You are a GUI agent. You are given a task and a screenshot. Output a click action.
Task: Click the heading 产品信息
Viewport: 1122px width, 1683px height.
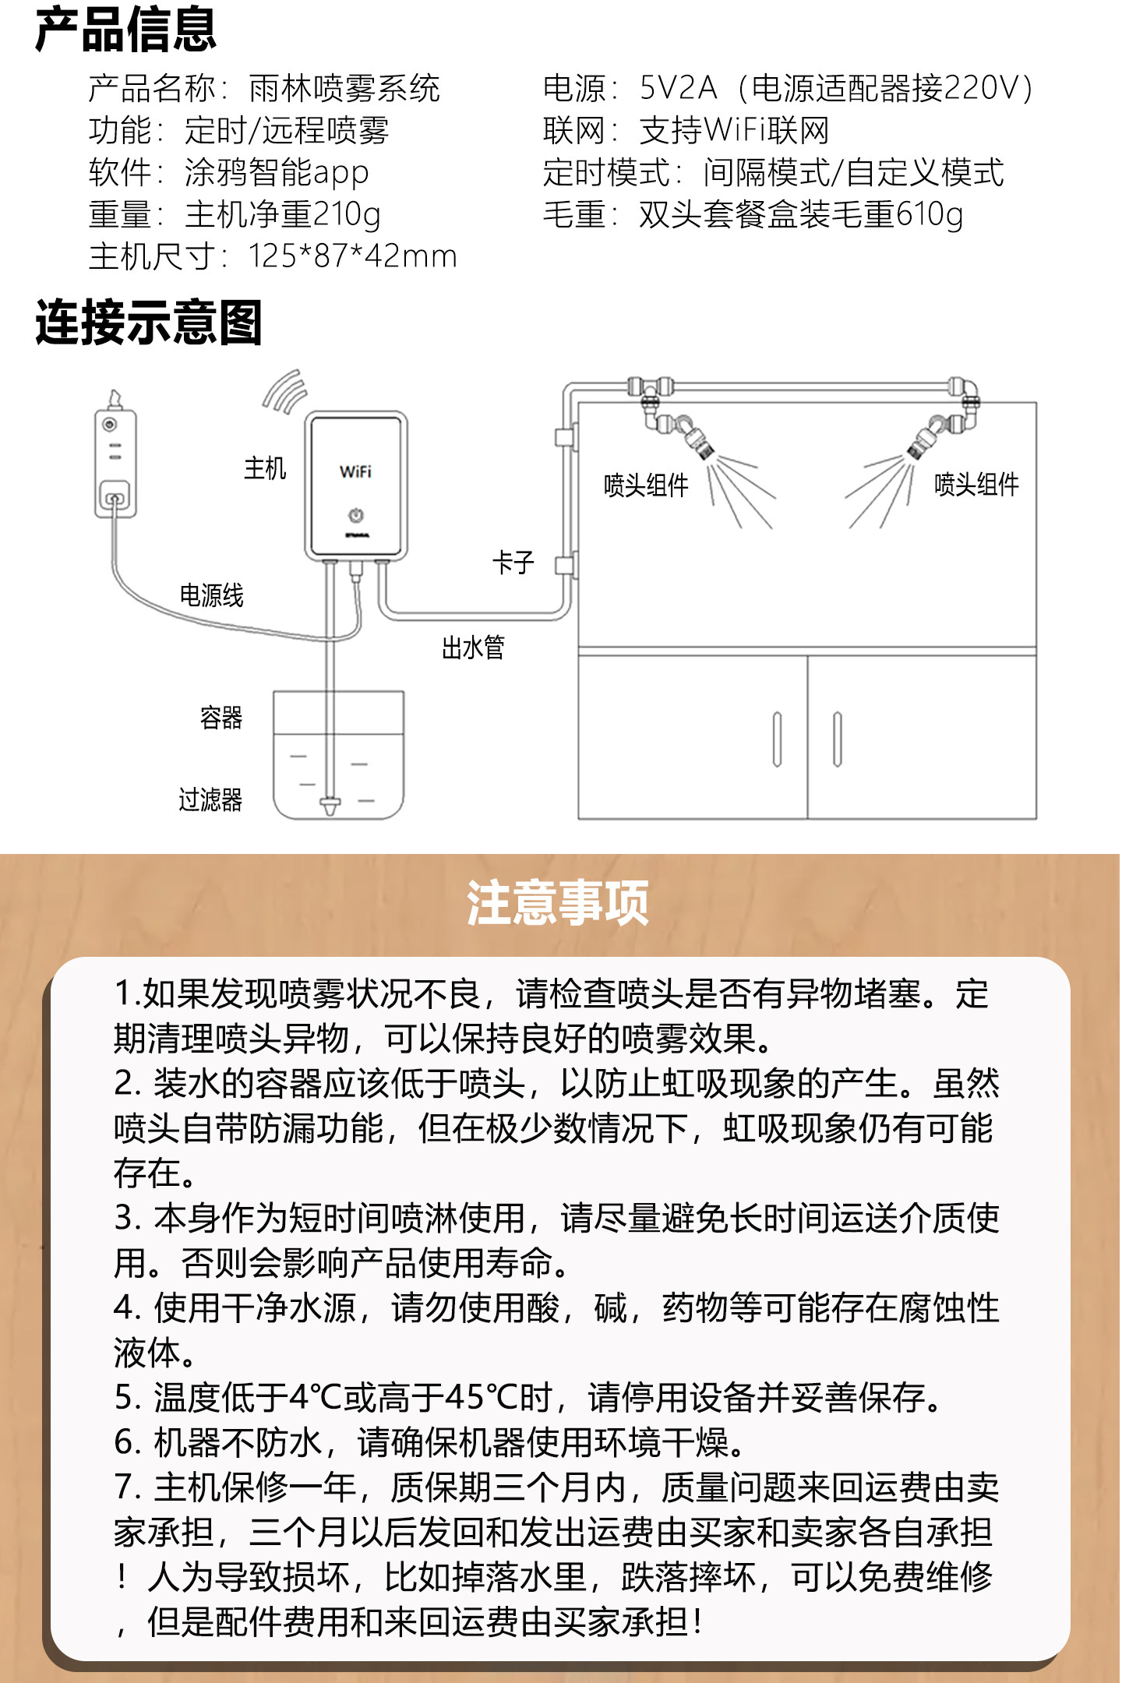point(125,30)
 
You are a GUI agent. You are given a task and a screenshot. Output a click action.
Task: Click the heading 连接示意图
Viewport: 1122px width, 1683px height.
point(148,323)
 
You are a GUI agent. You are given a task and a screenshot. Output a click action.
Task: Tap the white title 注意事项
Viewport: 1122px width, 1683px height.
point(558,904)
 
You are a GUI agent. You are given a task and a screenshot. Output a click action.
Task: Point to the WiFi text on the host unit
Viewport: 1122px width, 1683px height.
point(355,471)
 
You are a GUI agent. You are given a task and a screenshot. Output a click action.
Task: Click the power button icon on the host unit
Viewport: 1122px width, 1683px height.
point(356,515)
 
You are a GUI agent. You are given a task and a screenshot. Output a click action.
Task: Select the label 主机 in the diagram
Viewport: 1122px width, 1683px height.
point(265,469)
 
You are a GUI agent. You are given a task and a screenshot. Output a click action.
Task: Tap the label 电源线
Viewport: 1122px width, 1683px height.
point(211,596)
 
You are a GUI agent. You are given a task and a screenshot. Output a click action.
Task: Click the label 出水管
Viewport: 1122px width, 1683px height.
point(473,647)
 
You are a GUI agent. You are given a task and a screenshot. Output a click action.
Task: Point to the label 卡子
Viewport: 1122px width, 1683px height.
point(513,563)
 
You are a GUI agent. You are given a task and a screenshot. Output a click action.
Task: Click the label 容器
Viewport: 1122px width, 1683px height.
point(221,718)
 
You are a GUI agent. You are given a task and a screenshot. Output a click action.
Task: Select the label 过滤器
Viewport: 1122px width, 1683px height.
point(210,800)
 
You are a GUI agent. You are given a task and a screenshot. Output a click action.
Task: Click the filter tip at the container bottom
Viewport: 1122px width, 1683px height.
point(330,806)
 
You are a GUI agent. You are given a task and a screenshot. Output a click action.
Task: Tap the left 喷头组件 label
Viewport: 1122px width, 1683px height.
point(646,485)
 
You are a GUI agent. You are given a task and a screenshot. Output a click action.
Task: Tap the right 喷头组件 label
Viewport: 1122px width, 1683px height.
point(976,485)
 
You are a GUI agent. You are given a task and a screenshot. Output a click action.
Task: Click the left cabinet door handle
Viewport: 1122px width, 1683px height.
point(777,739)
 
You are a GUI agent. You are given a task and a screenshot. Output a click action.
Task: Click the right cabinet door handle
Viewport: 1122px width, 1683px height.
point(838,739)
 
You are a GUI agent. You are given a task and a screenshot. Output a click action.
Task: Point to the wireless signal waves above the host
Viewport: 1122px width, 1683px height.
point(285,392)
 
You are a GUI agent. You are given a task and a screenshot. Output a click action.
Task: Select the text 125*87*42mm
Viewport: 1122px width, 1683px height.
point(352,256)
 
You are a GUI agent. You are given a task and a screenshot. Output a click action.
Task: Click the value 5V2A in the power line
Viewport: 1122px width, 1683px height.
point(678,89)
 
